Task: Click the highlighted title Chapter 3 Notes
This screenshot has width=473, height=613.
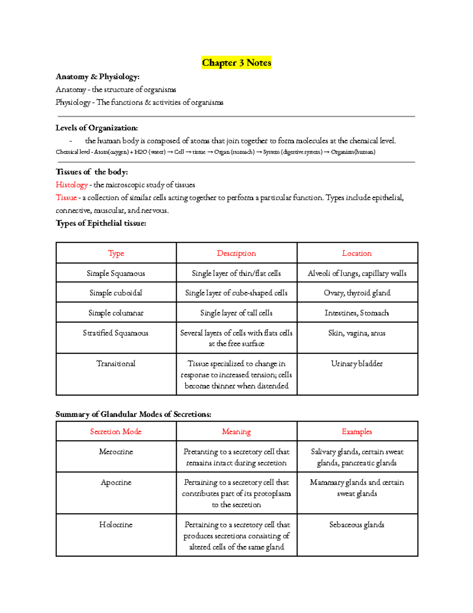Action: click(x=236, y=63)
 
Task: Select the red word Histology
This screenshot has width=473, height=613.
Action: click(x=71, y=185)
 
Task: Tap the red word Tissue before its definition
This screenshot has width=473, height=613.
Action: click(x=66, y=198)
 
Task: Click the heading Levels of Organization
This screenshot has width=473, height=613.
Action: click(x=97, y=128)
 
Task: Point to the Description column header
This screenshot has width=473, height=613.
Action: click(x=236, y=253)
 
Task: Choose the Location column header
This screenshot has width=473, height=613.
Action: click(x=357, y=253)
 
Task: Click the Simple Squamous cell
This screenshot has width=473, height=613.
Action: click(x=116, y=273)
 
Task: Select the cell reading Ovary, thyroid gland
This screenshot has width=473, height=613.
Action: click(x=357, y=293)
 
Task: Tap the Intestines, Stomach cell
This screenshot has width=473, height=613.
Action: click(x=357, y=313)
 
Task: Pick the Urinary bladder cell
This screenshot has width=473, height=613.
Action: click(x=357, y=364)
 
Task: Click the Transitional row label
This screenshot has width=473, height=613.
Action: click(x=116, y=364)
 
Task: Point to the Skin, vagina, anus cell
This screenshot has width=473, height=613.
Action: click(x=357, y=333)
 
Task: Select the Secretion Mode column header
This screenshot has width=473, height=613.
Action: click(x=116, y=431)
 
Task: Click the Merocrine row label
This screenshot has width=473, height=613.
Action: click(x=116, y=452)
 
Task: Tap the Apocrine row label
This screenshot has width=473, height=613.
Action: click(x=116, y=482)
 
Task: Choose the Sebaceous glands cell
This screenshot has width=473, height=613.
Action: click(x=357, y=525)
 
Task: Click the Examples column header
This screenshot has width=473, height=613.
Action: click(x=357, y=431)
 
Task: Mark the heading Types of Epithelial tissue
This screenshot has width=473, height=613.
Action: click(x=101, y=223)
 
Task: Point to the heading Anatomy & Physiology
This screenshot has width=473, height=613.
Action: click(x=97, y=77)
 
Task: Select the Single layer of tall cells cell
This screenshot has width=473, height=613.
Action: click(x=236, y=313)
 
